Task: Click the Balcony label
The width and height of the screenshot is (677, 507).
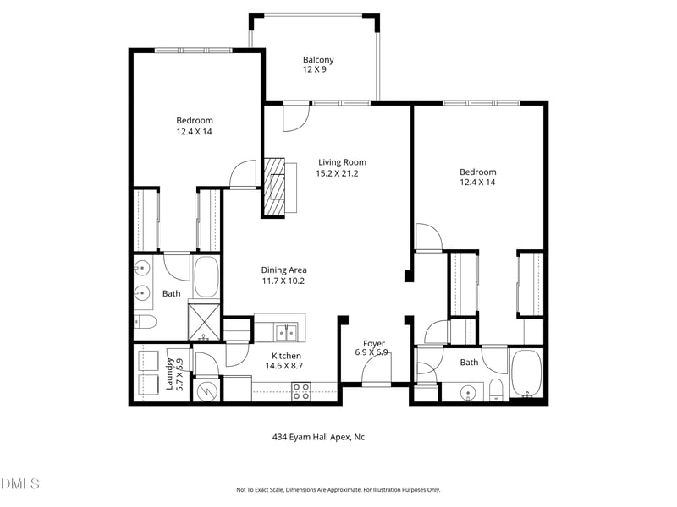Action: click(x=318, y=60)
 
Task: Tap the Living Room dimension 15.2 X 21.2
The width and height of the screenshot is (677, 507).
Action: click(x=337, y=174)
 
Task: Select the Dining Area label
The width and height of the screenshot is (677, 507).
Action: click(x=284, y=270)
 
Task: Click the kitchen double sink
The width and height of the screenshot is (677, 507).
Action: click(x=286, y=332)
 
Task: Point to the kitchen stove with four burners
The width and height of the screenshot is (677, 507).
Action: click(x=301, y=391)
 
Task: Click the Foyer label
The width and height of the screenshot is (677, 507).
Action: click(x=374, y=344)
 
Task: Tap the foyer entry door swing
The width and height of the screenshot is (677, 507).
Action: click(x=377, y=370)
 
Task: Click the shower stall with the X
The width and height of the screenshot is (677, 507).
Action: click(x=204, y=322)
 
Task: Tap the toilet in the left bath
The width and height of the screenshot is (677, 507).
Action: click(x=145, y=322)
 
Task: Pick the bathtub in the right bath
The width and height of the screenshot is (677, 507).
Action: click(x=526, y=373)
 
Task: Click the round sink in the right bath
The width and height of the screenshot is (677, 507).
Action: click(x=468, y=393)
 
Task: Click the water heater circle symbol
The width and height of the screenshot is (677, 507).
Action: click(x=206, y=391)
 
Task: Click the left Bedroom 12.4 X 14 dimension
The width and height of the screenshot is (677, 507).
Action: click(x=195, y=132)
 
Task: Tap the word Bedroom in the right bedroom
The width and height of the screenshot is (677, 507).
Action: click(x=478, y=172)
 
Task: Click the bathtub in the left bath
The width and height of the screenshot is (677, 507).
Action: click(x=206, y=277)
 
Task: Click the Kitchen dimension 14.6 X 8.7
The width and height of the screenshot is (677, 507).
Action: click(x=284, y=366)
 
